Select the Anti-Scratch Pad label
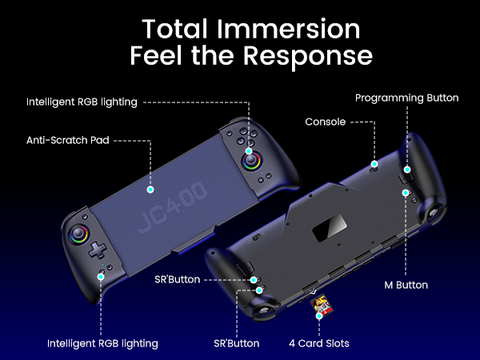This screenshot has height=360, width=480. pyautogui.click(x=67, y=140)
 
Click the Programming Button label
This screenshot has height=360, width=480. pyautogui.click(x=406, y=98)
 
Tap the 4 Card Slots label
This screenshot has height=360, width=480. pyautogui.click(x=318, y=343)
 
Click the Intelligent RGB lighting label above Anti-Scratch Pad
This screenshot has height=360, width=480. pyautogui.click(x=82, y=102)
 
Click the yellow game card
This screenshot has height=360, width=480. pyautogui.click(x=322, y=305)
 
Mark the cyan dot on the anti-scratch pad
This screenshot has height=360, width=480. pyautogui.click(x=150, y=190)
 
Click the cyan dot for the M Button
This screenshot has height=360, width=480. pyautogui.click(x=406, y=193)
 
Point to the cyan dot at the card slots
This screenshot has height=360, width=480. pyautogui.click(x=319, y=317)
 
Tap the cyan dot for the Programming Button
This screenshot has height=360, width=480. pyautogui.click(x=406, y=170)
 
